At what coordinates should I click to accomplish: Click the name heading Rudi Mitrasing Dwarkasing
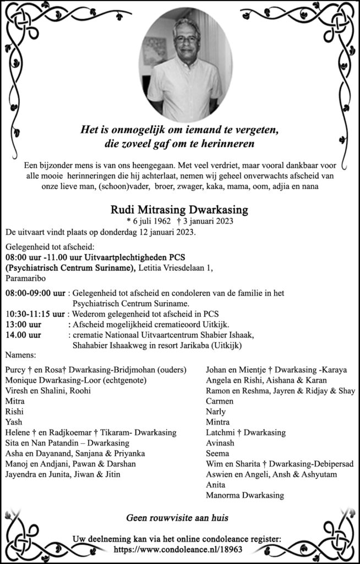[179, 210]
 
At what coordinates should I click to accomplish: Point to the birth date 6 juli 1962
[145, 221]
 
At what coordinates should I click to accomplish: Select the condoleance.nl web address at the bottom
[179, 550]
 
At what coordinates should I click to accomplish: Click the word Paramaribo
[26, 279]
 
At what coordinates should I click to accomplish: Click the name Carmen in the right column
[220, 401]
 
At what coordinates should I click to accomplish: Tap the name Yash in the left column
[14, 422]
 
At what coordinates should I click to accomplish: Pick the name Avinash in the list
[220, 443]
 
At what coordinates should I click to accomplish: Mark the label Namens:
[21, 356]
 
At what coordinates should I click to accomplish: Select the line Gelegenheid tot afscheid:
[50, 247]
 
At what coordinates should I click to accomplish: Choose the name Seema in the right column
[217, 453]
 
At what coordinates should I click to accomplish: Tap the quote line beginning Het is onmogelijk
[181, 131]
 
